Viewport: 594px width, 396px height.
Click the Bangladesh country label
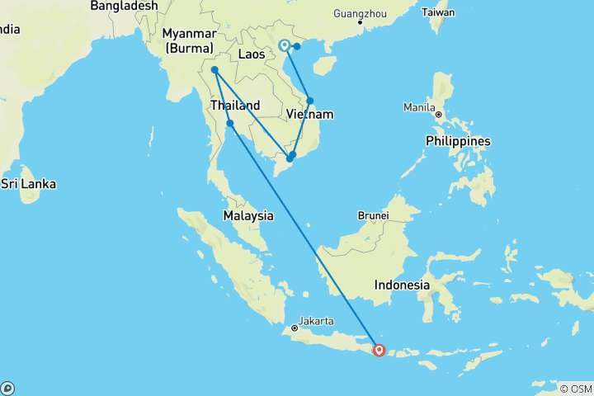(124, 6)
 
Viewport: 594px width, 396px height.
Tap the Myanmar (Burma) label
(190, 40)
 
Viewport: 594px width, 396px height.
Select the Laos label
(252, 54)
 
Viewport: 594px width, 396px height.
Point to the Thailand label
(235, 106)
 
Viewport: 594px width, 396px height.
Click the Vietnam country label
(310, 114)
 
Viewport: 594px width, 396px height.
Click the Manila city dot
(438, 115)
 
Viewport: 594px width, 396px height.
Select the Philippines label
(458, 141)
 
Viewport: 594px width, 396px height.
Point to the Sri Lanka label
(28, 184)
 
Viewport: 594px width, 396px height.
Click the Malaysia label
(248, 215)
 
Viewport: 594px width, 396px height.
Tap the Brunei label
(373, 215)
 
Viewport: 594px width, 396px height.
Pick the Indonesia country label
(402, 285)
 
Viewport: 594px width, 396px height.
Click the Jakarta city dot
(295, 328)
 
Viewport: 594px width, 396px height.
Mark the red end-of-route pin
(379, 350)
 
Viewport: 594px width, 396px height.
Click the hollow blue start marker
(284, 45)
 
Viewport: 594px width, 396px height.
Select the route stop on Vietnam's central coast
(310, 101)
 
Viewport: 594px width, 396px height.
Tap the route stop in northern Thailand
(214, 70)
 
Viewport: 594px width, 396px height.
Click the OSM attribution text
(577, 389)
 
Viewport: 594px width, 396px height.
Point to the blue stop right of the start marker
(297, 45)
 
